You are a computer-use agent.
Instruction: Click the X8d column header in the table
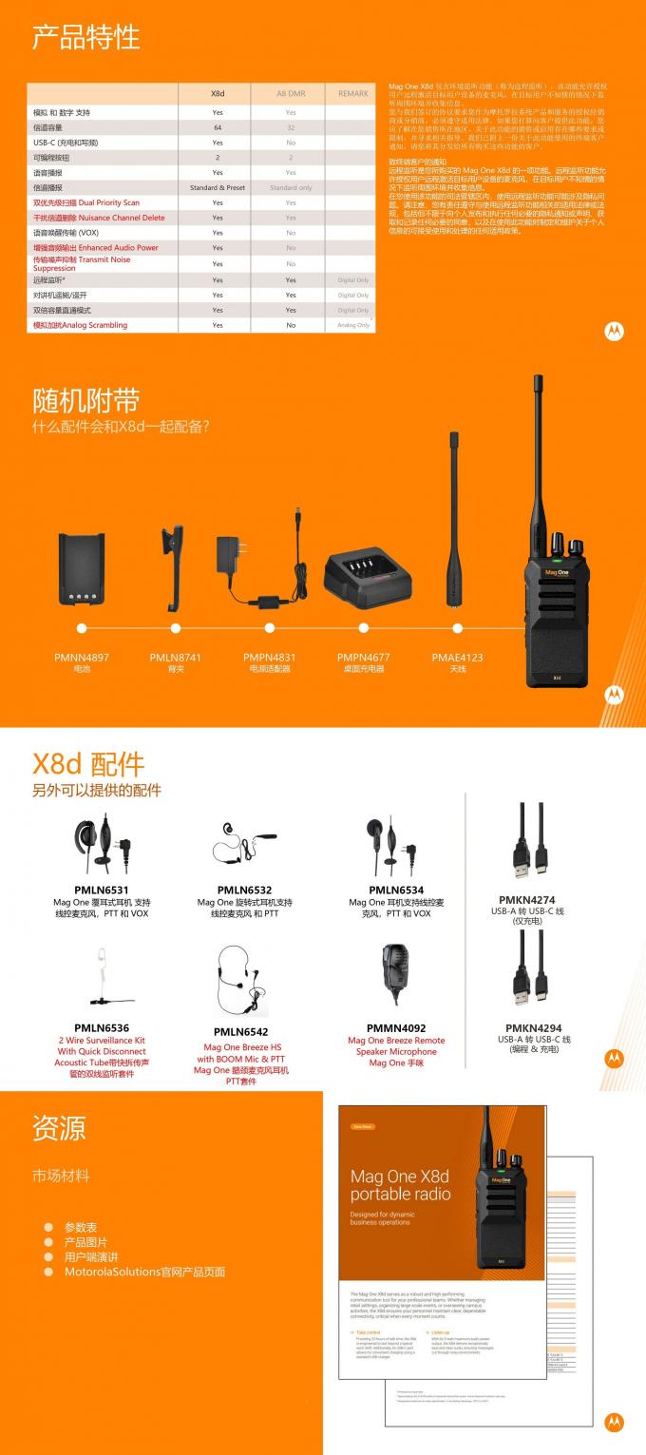(x=218, y=93)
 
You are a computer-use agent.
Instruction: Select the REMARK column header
(x=352, y=93)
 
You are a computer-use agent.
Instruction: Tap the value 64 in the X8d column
(x=218, y=127)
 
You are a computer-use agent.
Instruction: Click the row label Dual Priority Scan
(x=86, y=202)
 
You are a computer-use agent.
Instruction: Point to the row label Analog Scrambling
(x=80, y=325)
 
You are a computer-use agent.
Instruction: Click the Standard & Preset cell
(x=218, y=187)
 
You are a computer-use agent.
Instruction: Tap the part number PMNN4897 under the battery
(x=82, y=657)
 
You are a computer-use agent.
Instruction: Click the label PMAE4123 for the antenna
(x=457, y=657)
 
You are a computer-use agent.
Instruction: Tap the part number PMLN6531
(x=101, y=890)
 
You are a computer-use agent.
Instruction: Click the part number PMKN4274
(x=526, y=899)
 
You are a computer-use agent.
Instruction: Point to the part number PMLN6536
(x=101, y=1027)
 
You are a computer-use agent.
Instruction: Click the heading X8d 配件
(x=88, y=764)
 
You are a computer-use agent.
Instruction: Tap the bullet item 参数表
(x=81, y=1227)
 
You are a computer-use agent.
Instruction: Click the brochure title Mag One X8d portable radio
(x=400, y=1185)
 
